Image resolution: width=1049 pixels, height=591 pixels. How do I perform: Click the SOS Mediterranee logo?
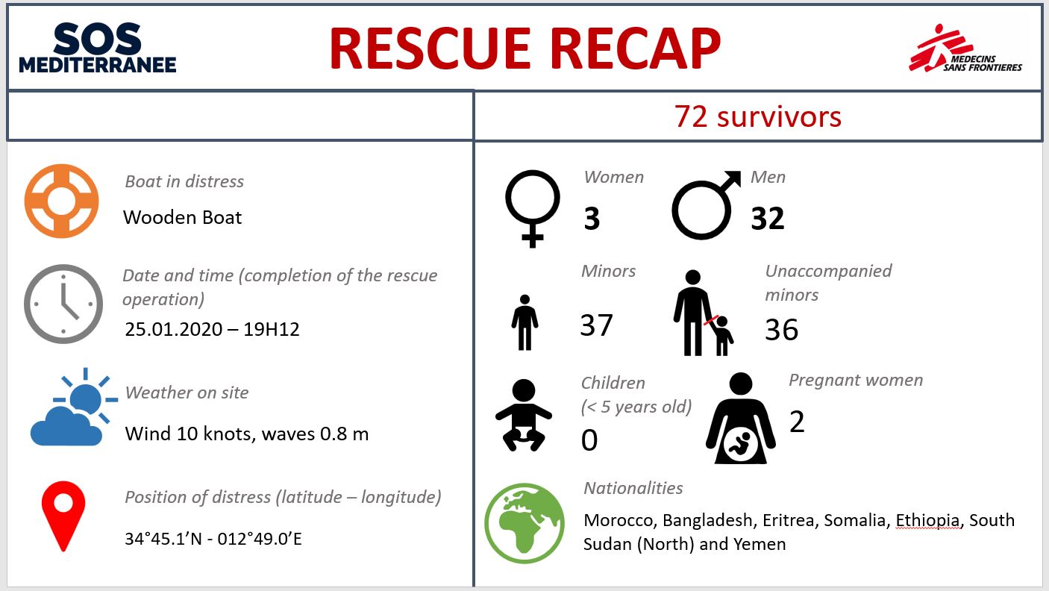(x=98, y=48)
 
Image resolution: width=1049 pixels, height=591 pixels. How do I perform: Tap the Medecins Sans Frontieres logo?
(x=965, y=49)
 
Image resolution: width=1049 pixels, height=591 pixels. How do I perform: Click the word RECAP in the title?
(x=635, y=49)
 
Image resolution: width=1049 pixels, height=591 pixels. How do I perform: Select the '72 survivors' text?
(x=758, y=116)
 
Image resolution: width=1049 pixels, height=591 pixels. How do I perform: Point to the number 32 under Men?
(x=768, y=218)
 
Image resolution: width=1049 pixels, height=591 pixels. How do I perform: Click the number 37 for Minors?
(x=596, y=325)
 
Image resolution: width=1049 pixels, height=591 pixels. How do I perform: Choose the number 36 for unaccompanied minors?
(x=781, y=329)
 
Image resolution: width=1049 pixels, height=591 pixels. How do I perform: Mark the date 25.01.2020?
(x=173, y=329)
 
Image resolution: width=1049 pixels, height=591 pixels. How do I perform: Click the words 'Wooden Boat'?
(x=182, y=217)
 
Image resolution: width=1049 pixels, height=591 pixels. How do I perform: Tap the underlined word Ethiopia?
(x=927, y=520)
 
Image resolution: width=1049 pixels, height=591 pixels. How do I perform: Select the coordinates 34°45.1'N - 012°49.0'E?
(x=213, y=539)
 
